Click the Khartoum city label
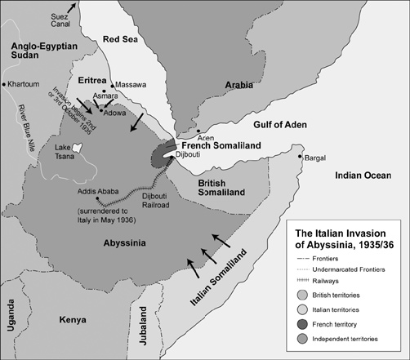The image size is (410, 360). [x=28, y=84]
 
